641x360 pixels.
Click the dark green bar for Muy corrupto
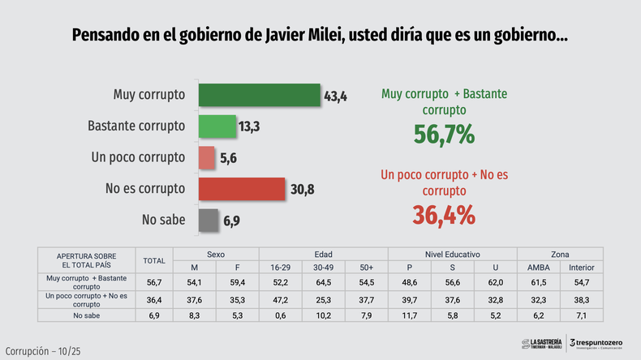click(258, 96)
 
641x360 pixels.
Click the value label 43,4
click(335, 96)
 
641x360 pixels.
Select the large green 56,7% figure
click(444, 134)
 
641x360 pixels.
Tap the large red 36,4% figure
click(444, 215)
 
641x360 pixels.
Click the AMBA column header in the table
click(539, 268)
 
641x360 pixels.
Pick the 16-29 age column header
click(281, 268)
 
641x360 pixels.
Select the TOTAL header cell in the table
click(153, 260)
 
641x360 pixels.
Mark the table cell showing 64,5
click(324, 282)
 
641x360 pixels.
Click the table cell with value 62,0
click(496, 282)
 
